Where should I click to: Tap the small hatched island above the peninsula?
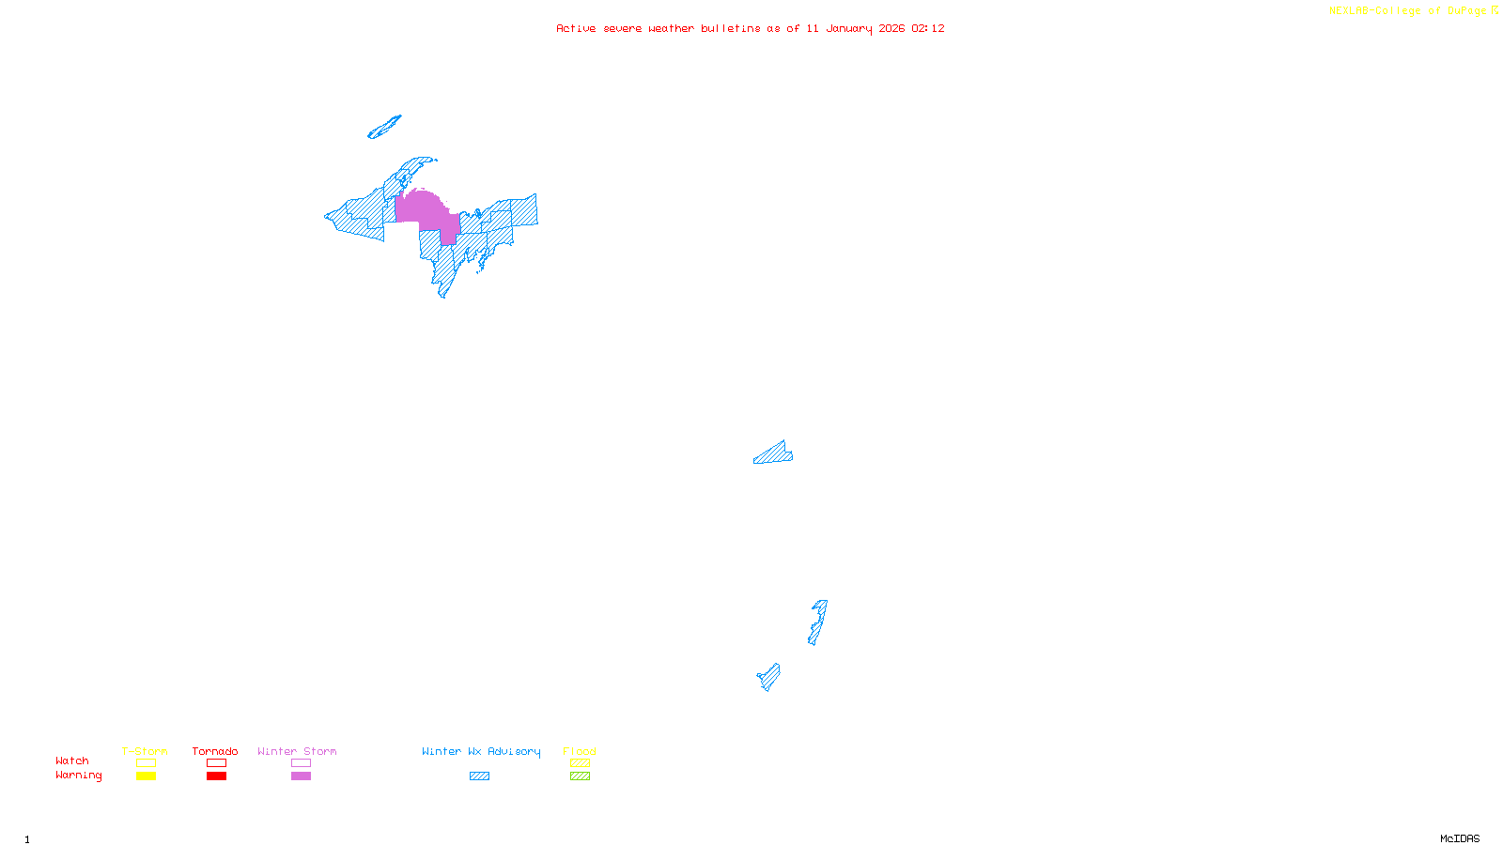click(383, 128)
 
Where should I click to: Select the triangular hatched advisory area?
click(774, 454)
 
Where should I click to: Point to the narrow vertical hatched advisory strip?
click(817, 622)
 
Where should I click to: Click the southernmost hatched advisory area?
click(769, 676)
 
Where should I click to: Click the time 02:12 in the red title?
click(927, 28)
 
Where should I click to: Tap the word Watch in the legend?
click(71, 760)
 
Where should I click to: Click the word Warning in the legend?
click(78, 776)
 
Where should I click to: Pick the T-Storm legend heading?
click(145, 751)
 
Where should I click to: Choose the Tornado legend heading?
click(215, 751)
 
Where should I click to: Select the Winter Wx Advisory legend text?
click(481, 751)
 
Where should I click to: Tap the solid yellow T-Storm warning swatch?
click(146, 776)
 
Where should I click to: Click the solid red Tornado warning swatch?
click(216, 776)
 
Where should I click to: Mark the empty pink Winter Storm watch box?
click(301, 763)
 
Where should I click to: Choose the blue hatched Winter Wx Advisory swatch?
click(479, 776)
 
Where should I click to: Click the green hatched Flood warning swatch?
click(580, 776)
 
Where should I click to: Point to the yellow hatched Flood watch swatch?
click(580, 763)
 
